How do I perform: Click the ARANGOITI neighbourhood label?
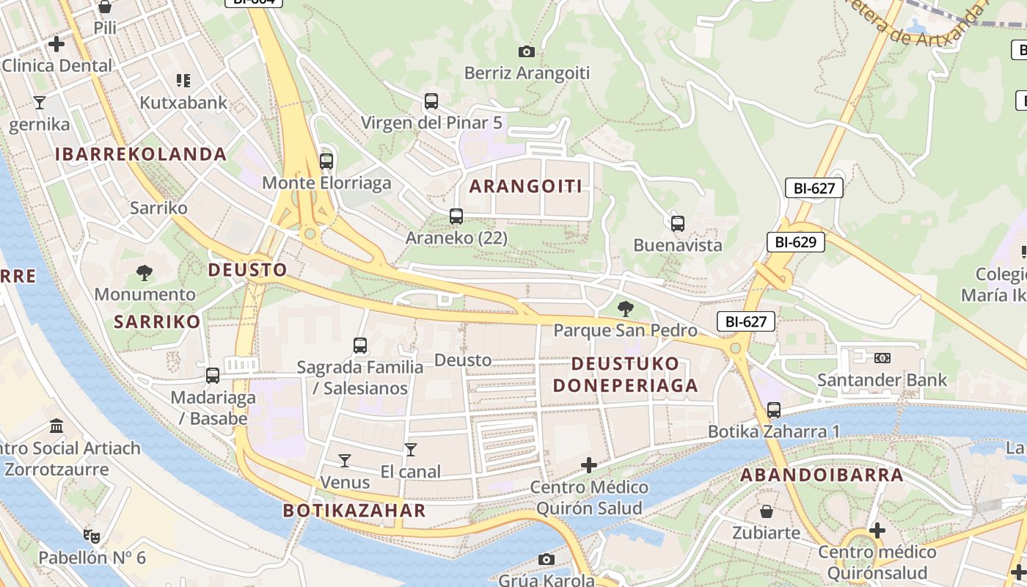(525, 186)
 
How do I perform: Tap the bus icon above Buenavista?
(678, 223)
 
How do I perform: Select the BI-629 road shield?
(795, 242)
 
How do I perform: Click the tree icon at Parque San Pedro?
(625, 308)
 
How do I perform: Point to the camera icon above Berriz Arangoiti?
(526, 51)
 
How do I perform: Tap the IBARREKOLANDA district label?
(141, 154)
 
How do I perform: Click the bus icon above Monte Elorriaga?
(326, 161)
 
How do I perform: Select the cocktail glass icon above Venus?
(344, 460)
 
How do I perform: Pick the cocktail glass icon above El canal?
(410, 449)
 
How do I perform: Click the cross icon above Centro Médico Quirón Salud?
(589, 464)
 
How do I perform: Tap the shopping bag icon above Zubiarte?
(767, 511)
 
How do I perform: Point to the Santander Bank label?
(882, 380)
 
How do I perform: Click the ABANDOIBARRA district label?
(822, 475)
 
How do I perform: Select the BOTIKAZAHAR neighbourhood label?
(354, 511)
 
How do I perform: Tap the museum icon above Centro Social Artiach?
(56, 426)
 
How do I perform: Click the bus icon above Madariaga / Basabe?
(213, 375)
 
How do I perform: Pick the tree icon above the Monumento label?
(145, 273)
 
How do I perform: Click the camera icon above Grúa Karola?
(546, 559)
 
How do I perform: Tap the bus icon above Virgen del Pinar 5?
(431, 101)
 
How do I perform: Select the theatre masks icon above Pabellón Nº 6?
(92, 536)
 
